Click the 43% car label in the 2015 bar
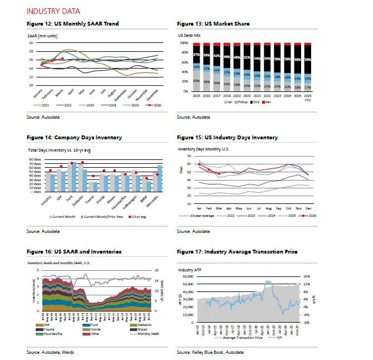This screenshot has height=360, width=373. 196,81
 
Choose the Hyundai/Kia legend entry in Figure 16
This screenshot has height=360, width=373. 48,334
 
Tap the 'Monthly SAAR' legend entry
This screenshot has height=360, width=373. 137,334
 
